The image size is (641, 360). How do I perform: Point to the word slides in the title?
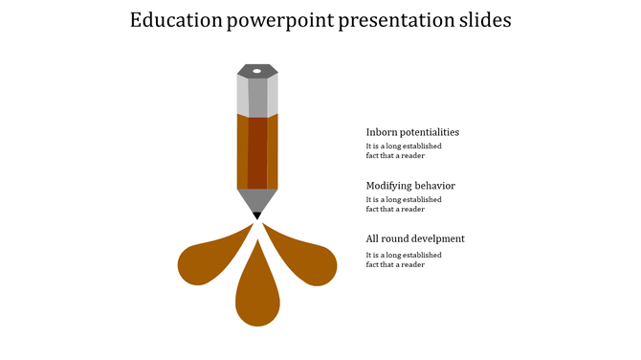[x=483, y=20]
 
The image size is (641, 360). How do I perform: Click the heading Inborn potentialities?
[x=412, y=132]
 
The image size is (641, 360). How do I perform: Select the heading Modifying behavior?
[x=410, y=185]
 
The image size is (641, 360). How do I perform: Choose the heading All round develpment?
[x=415, y=238]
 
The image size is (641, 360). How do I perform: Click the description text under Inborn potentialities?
[x=403, y=150]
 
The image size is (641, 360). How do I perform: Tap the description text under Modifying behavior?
[x=403, y=204]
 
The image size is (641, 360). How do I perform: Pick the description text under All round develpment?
[x=403, y=259]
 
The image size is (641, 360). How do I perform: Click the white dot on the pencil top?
[x=257, y=71]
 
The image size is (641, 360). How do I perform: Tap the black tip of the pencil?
[x=257, y=215]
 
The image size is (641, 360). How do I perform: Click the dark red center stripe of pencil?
[x=257, y=153]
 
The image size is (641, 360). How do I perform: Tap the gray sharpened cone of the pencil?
[x=257, y=199]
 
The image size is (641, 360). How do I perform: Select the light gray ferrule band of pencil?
[x=257, y=97]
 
